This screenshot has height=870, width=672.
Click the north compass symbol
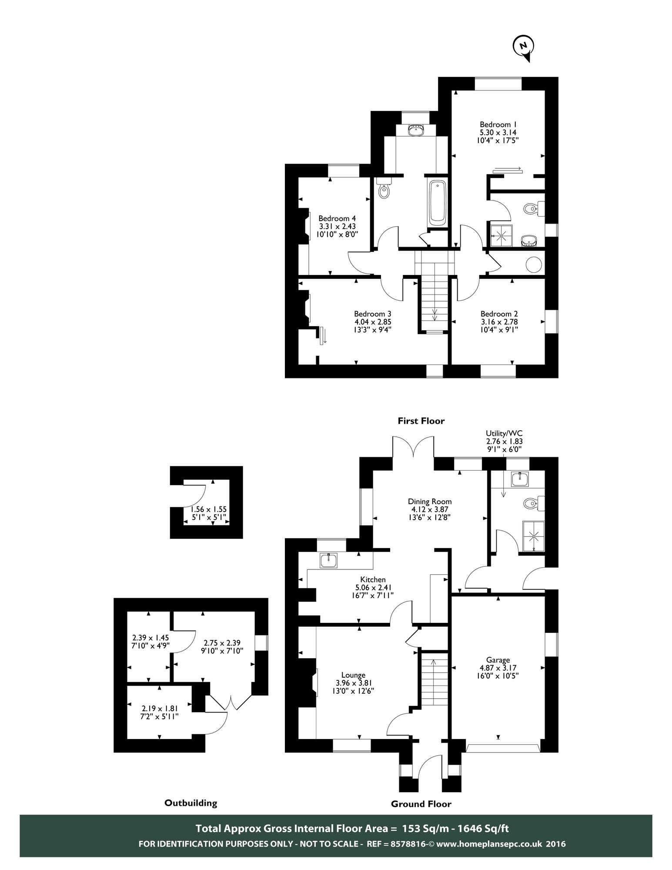coord(523,46)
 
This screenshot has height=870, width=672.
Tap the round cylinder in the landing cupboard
coord(534,264)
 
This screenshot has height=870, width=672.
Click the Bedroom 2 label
coord(499,314)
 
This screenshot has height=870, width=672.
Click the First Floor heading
coord(421,421)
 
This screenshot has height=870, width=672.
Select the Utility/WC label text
coord(504,433)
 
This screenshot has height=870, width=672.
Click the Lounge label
coord(353,675)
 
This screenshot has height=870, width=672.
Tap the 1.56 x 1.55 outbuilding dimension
coord(209,509)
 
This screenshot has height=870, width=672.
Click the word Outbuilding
coord(191,803)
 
